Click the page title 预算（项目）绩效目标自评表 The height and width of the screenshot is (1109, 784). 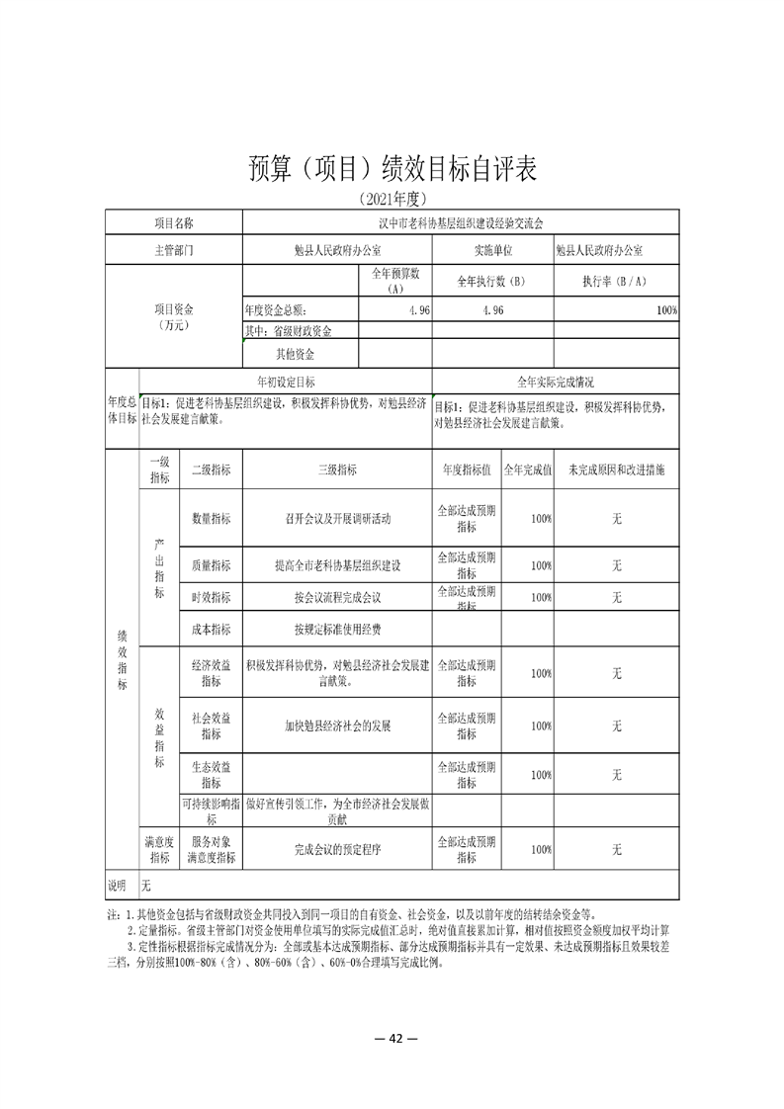click(392, 168)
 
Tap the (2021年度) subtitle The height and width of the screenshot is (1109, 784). click(392, 199)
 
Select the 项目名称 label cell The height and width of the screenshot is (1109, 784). click(173, 223)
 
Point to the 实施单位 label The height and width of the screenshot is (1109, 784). click(493, 250)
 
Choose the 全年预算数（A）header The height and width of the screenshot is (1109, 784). click(395, 281)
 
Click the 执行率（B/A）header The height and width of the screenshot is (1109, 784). click(616, 281)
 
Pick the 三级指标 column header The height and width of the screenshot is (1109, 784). click(337, 471)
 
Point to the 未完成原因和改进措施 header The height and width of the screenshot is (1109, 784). click(616, 471)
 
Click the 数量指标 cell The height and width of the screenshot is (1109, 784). click(211, 518)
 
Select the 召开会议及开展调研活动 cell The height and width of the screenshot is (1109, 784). click(337, 518)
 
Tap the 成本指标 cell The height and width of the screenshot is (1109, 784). click(211, 629)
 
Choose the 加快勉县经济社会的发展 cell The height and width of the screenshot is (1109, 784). click(337, 725)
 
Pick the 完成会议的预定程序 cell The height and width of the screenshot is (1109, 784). click(337, 849)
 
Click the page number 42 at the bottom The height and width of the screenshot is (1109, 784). click(392, 1038)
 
